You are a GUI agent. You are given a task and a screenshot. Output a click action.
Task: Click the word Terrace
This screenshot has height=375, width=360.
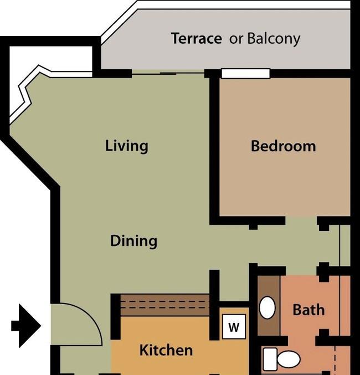point(197,38)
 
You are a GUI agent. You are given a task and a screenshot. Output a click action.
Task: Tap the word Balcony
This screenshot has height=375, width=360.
point(274,39)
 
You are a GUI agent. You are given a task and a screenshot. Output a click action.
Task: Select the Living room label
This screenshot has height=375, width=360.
point(127,146)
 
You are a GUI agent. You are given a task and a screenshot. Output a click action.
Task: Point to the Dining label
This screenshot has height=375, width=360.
point(133,240)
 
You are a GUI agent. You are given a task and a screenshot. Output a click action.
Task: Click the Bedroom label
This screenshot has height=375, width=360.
point(283,146)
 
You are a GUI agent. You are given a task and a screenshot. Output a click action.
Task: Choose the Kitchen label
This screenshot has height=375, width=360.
point(166,350)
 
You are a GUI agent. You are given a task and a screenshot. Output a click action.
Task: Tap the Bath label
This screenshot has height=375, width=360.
point(309,310)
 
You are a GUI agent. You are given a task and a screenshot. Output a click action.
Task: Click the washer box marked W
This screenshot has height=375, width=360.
point(234,326)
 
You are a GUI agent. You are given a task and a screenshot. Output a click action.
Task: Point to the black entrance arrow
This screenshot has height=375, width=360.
point(26,326)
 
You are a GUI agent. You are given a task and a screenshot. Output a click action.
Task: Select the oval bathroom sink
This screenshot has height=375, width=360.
point(267,307)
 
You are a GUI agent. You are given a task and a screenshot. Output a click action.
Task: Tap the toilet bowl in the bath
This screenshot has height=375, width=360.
point(289,359)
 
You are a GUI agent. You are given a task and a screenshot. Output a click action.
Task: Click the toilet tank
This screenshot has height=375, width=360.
point(270,359)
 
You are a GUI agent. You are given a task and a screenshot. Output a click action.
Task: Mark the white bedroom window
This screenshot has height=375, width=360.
point(246,74)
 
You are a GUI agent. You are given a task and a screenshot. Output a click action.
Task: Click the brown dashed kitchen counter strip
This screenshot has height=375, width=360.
point(165,305)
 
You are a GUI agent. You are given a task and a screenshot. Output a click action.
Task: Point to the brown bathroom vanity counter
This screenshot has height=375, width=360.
point(269,306)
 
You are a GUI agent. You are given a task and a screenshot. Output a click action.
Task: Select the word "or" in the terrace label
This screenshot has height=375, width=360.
point(236,39)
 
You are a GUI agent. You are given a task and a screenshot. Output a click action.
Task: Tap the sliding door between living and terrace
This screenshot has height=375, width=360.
point(168,73)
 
